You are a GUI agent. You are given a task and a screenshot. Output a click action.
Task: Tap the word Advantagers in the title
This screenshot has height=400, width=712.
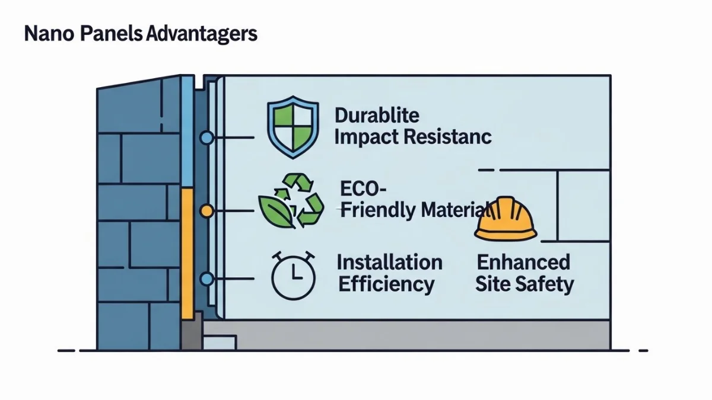201,33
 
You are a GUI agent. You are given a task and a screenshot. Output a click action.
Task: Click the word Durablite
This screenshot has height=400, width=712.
377,115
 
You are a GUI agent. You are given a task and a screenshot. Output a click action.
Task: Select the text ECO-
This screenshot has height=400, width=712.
363,190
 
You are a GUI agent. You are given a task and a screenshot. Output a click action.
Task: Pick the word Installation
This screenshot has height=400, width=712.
389,262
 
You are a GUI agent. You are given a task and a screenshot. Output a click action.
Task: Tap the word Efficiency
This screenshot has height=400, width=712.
386,284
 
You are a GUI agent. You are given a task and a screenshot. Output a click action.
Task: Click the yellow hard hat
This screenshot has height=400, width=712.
506,219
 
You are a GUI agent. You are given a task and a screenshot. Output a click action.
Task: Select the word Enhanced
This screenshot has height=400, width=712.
523,262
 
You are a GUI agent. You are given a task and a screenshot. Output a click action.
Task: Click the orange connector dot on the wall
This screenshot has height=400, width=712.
206,210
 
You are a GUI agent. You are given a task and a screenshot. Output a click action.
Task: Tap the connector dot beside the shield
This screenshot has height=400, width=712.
206,138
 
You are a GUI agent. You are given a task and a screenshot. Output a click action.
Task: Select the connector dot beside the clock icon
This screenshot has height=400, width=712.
206,279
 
